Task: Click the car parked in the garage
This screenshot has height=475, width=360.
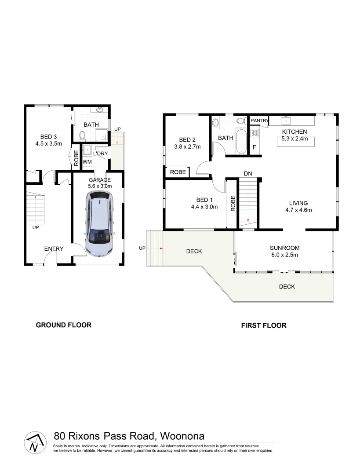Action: [101, 226]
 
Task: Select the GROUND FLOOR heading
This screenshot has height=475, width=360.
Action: [63, 325]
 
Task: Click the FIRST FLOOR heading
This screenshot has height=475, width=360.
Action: [264, 325]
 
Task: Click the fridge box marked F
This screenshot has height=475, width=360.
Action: [254, 147]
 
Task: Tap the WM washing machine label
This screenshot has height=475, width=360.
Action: [87, 162]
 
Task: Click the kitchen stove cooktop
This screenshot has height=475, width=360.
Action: [254, 131]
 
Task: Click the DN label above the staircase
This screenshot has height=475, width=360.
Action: [248, 174]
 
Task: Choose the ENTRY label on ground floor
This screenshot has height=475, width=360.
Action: [54, 249]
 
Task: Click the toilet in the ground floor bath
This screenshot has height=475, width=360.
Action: [81, 135]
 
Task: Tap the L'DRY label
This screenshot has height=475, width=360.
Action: [101, 153]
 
